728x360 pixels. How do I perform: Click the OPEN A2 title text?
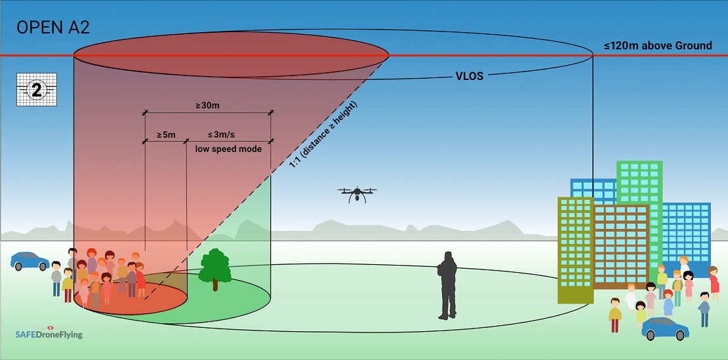pos(52,28)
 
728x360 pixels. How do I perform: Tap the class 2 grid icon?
pos(36,90)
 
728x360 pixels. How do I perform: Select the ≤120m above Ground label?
pos(658,46)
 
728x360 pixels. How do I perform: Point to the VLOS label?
pos(469,76)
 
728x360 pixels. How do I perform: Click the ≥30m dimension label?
pos(207,106)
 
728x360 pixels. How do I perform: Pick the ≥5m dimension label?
pos(165,135)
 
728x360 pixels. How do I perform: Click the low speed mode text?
pos(228,149)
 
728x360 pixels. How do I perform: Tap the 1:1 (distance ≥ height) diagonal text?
pos(323,136)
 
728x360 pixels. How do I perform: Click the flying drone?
pos(357,193)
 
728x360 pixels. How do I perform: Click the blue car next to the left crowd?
pos(30,261)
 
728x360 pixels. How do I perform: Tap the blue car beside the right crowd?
pos(665,328)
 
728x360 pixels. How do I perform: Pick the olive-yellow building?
pos(575,249)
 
